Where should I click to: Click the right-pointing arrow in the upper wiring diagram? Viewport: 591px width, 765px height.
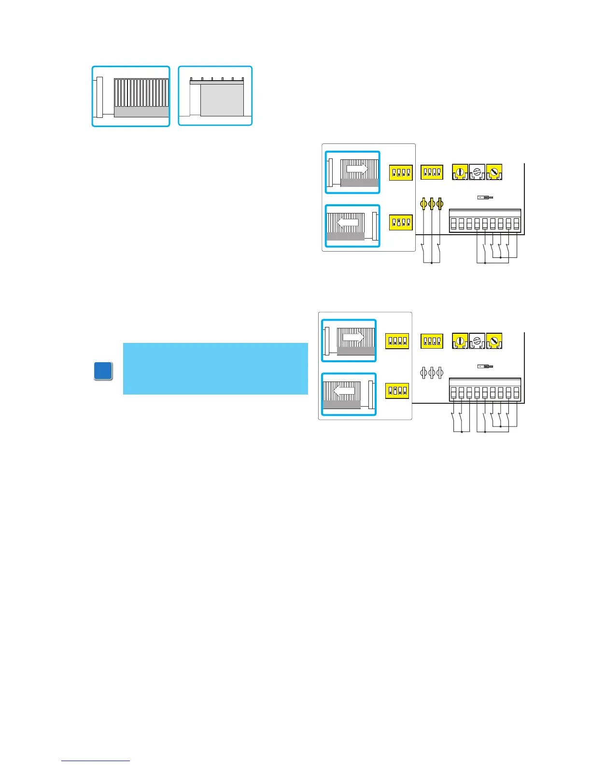[357, 170]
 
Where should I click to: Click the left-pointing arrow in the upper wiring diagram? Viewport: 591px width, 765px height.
[348, 223]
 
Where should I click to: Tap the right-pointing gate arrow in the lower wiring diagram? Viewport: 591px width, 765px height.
[353, 338]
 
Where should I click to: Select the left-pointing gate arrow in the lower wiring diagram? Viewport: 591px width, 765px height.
[344, 391]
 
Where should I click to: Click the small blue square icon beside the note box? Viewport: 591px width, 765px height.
[103, 371]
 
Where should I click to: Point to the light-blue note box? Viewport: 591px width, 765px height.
[215, 368]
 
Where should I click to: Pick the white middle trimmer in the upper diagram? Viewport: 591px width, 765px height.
[477, 172]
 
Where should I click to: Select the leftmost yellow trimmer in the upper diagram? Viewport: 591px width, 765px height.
[460, 172]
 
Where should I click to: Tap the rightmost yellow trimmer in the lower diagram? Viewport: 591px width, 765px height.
[494, 340]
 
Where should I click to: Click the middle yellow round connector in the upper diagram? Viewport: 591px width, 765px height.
[432, 204]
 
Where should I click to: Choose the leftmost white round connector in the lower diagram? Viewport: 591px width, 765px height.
[424, 373]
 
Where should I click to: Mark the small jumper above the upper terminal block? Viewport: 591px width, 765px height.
[485, 198]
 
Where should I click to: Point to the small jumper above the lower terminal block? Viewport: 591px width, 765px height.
[485, 367]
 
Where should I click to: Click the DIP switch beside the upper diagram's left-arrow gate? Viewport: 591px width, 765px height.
[401, 222]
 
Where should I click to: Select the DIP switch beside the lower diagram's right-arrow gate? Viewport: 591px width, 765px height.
[397, 341]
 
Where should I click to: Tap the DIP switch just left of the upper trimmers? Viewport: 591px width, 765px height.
[432, 172]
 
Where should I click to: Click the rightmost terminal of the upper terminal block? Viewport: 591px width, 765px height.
[516, 224]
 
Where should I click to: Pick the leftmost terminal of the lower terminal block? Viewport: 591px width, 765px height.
[453, 393]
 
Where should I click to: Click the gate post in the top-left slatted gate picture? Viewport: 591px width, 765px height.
[99, 97]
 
